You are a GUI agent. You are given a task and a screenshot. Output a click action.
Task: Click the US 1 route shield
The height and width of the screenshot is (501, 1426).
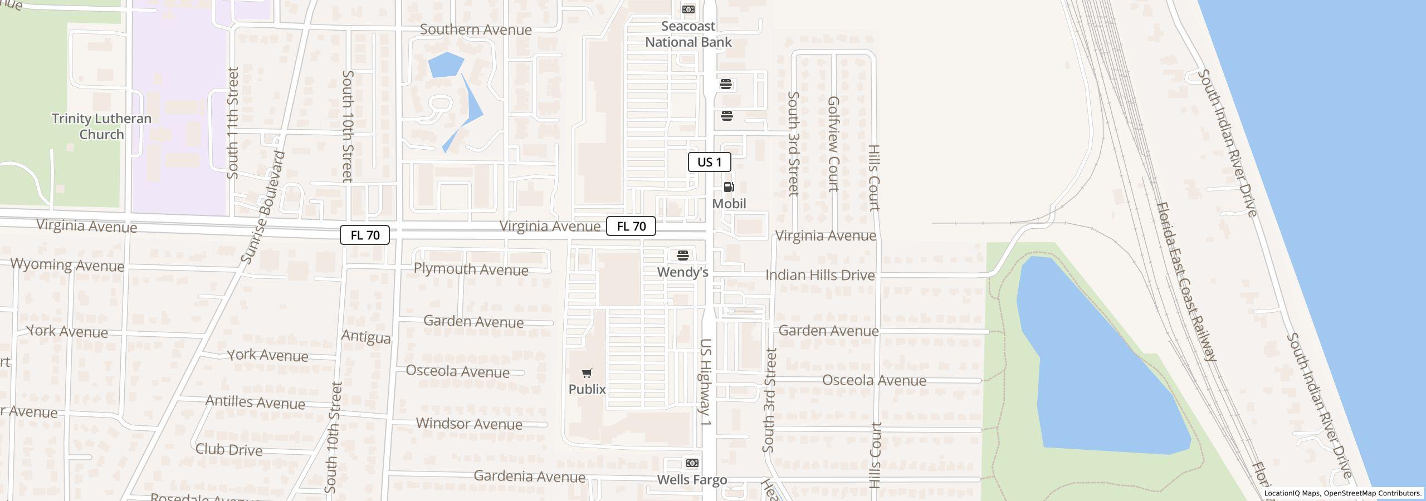709,162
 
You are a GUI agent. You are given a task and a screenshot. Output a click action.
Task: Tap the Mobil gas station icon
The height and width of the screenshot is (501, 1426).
729,187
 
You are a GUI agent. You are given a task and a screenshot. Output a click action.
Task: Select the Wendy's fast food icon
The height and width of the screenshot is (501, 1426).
683,256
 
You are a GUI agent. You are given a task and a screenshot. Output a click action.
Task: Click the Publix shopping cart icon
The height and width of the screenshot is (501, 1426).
587,373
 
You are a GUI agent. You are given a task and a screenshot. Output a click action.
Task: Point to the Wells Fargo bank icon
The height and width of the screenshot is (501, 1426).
692,463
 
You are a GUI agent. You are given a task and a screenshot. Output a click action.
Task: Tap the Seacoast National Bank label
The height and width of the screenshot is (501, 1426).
688,34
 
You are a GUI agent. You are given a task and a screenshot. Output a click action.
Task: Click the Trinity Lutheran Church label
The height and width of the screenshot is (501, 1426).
101,126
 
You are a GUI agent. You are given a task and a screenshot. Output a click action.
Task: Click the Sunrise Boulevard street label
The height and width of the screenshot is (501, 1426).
263,207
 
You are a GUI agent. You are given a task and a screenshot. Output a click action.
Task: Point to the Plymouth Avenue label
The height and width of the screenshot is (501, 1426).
471,269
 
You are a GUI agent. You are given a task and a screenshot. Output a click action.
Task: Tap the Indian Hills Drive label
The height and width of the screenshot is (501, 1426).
820,275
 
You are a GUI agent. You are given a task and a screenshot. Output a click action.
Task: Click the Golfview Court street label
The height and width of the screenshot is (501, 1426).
833,144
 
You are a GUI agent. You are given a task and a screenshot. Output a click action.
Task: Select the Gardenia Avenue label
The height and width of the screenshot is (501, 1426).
529,477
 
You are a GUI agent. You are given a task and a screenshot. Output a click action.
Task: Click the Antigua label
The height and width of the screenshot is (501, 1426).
366,337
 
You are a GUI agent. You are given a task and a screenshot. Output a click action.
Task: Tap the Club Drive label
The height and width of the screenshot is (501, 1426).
228,449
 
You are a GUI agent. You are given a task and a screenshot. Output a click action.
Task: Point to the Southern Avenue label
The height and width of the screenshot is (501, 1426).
476,30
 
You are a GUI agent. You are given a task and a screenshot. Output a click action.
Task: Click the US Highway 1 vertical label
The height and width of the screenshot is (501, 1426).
706,382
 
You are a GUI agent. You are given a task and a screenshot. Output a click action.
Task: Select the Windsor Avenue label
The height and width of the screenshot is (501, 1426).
469,424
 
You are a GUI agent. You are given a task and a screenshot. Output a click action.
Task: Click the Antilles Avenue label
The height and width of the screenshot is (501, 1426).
255,402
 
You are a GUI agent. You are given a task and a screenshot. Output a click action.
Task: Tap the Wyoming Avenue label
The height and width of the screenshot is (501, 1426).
67,265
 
